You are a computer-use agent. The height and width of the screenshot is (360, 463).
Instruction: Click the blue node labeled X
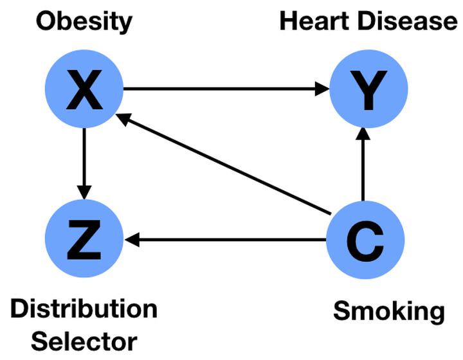pos(84,89)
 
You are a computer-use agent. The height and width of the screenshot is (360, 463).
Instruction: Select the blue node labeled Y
pos(368,90)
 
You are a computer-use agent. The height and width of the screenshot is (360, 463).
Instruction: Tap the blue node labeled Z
pos(84,239)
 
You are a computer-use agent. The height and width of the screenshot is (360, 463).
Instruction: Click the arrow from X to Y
pos(225,89)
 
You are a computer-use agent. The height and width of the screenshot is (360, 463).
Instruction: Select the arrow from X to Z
pos(84,161)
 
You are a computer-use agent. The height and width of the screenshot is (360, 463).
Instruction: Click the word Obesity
pos(84,22)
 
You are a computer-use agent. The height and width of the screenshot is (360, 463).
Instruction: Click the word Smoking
pos(388,311)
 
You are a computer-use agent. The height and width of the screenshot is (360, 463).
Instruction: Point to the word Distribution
pos(84,309)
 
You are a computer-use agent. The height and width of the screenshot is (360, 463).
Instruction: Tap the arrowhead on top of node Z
pos(84,193)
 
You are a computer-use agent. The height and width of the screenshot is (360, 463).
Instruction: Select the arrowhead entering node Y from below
pos(363,134)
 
